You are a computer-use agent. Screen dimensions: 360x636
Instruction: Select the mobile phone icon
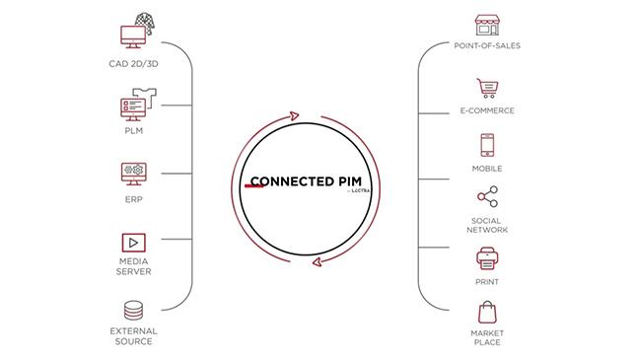pyautogui.click(x=486, y=146)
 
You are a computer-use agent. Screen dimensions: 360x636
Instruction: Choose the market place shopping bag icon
pyautogui.click(x=486, y=313)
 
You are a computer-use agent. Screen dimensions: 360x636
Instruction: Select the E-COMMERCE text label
pyautogui.click(x=486, y=110)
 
